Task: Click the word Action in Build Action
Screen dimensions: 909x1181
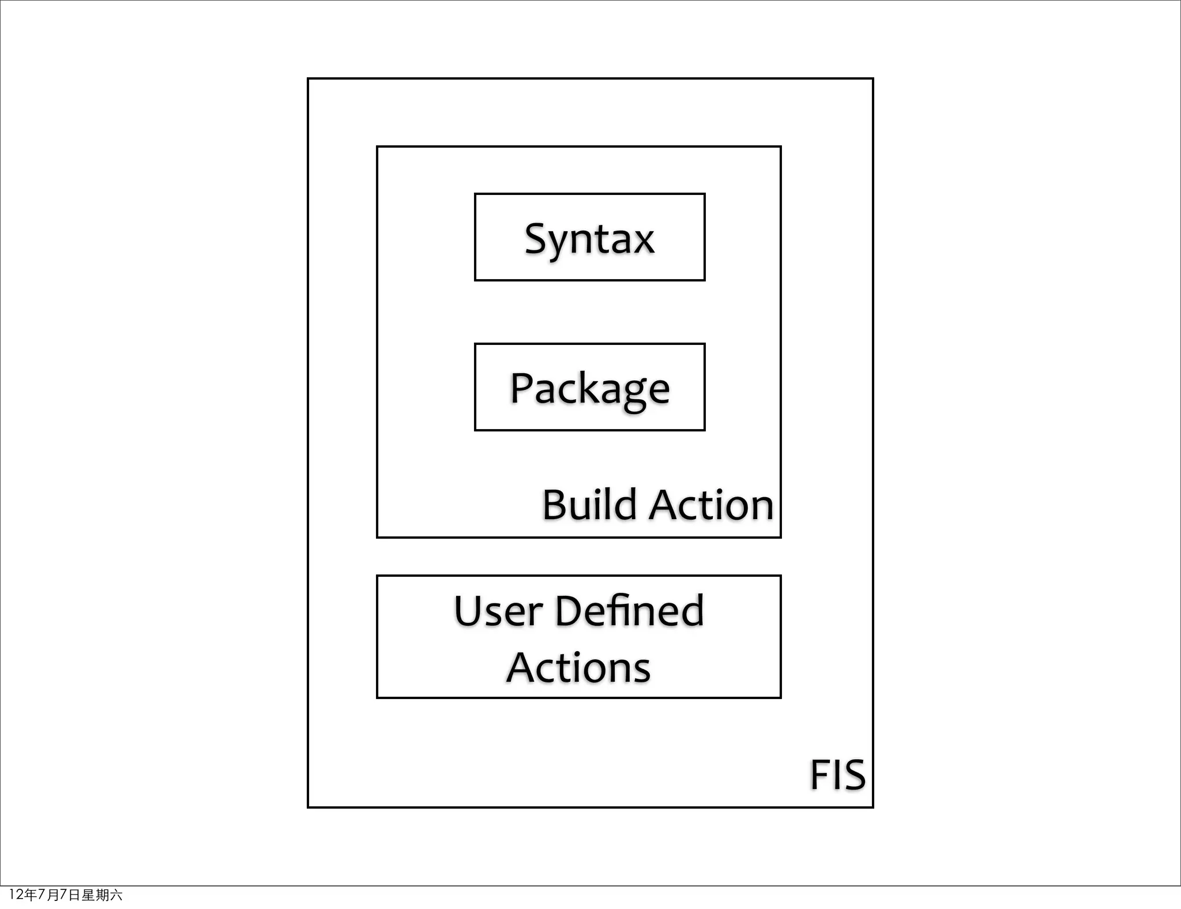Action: [712, 505]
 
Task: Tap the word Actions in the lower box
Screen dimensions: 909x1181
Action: [578, 667]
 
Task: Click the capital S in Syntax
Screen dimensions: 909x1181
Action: [537, 238]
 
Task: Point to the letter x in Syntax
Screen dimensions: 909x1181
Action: [642, 241]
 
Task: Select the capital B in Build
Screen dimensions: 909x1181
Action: [555, 505]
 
